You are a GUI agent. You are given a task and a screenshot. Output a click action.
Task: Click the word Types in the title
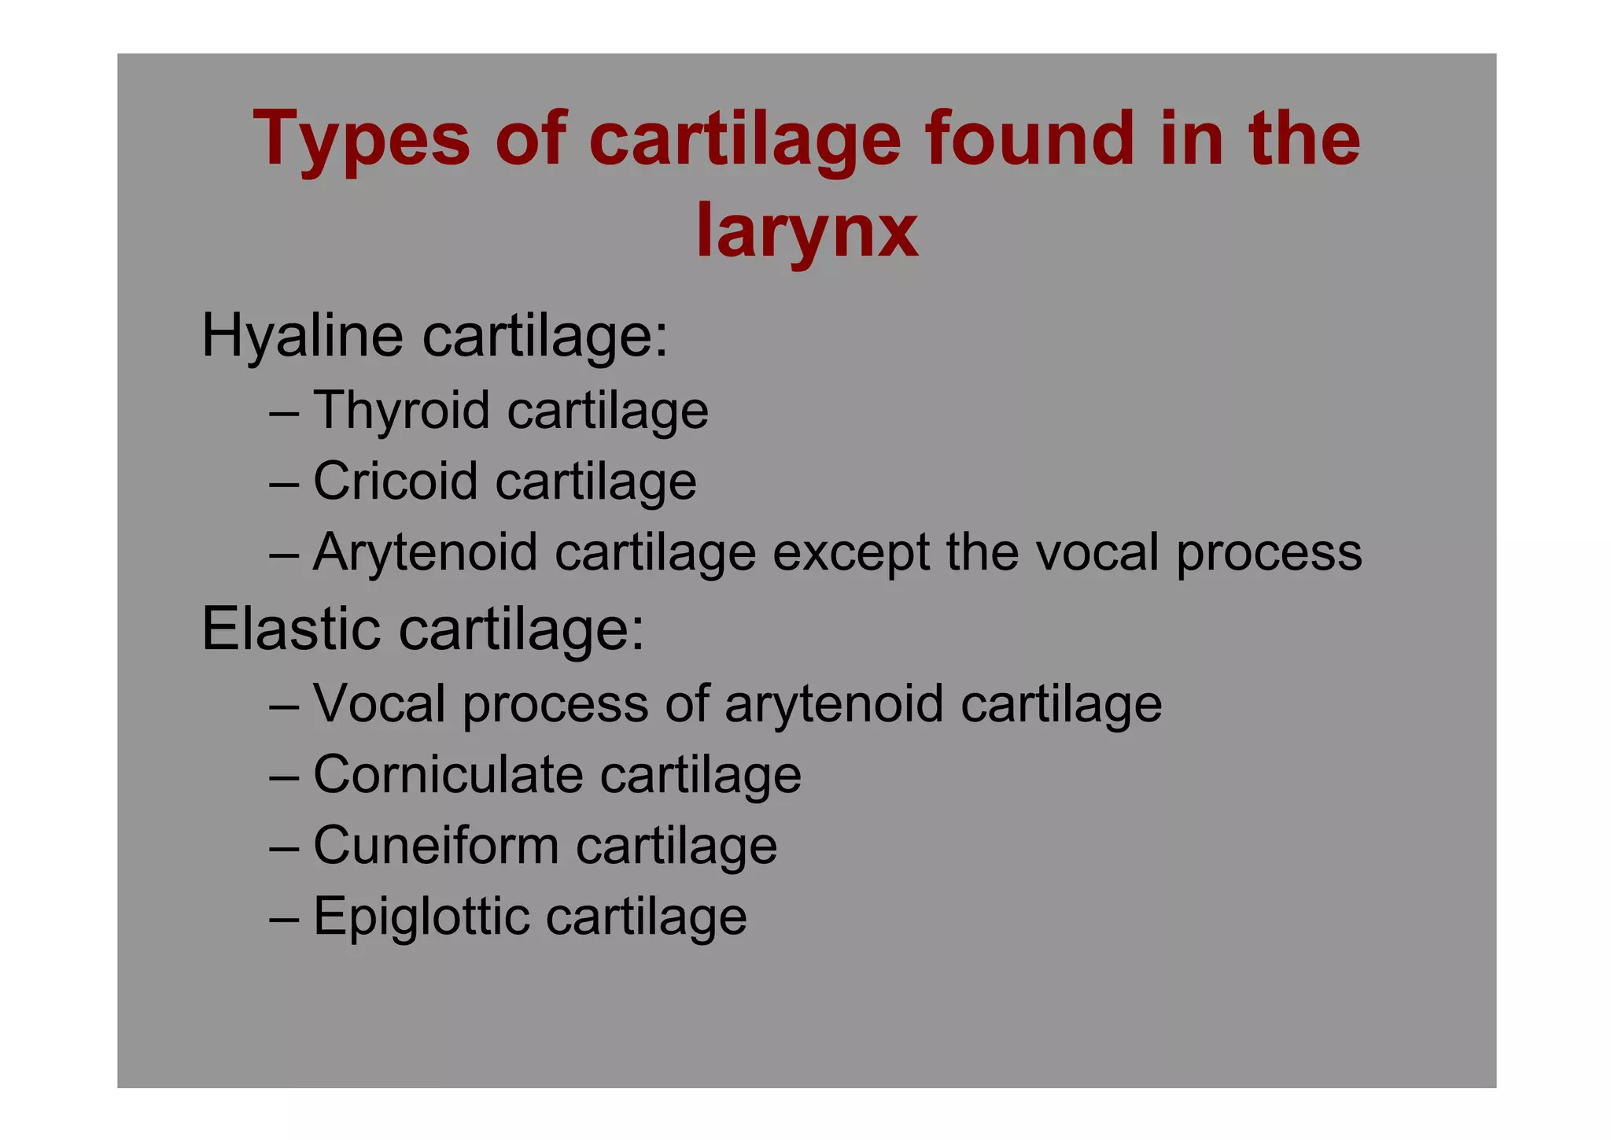pyautogui.click(x=361, y=140)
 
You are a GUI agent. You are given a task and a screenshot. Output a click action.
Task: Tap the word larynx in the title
pyautogui.click(x=807, y=230)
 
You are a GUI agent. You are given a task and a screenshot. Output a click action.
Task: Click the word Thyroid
pyautogui.click(x=401, y=411)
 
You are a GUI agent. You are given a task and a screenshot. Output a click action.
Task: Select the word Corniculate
pyautogui.click(x=448, y=774)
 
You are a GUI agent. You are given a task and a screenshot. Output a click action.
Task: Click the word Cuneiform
pyautogui.click(x=436, y=846)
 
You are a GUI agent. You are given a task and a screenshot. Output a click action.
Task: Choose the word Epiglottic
pyautogui.click(x=421, y=917)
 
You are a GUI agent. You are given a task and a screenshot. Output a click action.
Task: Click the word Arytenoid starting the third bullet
pyautogui.click(x=425, y=553)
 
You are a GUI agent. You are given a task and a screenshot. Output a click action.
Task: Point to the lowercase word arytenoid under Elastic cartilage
pyautogui.click(x=833, y=703)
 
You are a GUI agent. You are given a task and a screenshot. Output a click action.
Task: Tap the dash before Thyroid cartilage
pyautogui.click(x=283, y=412)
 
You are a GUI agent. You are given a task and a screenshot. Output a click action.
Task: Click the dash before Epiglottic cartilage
pyautogui.click(x=283, y=918)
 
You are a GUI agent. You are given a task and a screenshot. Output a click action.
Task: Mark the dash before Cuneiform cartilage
pyautogui.click(x=283, y=847)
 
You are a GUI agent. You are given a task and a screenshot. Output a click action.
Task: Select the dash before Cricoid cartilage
pyautogui.click(x=283, y=482)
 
